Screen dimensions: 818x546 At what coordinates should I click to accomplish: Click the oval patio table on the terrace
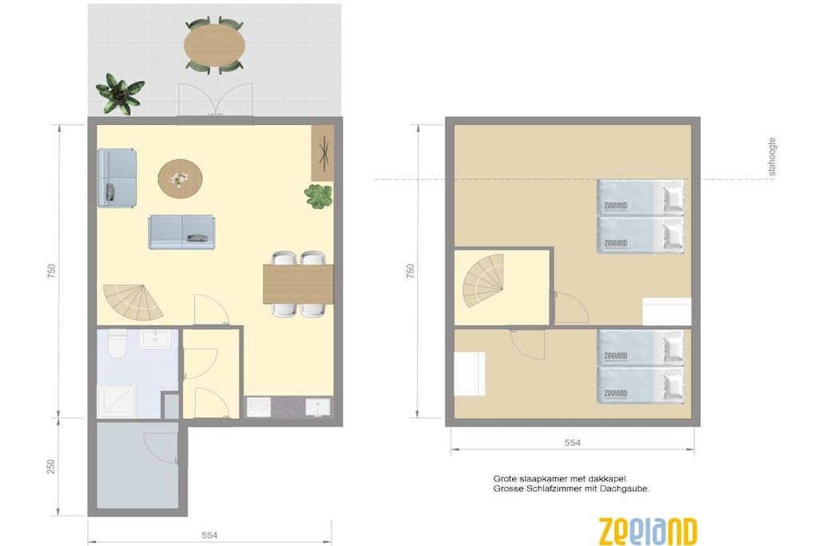coord(214,46)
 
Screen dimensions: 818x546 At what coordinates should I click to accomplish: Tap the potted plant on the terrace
coord(120,94)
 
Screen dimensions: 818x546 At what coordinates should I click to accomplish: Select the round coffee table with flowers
coord(180,178)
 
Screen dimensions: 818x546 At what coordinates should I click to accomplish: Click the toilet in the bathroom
coord(117,344)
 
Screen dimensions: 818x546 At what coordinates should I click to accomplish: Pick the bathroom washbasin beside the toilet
coord(155,339)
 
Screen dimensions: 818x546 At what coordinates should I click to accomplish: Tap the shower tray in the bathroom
coord(117,401)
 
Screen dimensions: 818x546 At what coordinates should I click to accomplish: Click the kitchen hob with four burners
coord(259,407)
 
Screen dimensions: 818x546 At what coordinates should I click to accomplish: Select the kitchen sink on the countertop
coord(318,407)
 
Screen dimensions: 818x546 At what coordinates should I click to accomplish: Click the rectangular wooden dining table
coord(299,284)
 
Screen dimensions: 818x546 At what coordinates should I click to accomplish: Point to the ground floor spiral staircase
coord(133,303)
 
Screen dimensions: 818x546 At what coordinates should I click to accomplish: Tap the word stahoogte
coord(772,157)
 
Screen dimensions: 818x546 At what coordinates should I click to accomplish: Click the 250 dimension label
coord(51,467)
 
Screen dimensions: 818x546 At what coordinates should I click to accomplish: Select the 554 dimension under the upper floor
coord(572,443)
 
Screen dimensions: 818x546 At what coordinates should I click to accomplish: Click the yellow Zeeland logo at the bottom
coord(647,532)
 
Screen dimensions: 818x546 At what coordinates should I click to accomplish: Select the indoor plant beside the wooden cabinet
coord(319,197)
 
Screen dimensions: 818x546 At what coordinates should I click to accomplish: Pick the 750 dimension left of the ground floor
coord(51,271)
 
